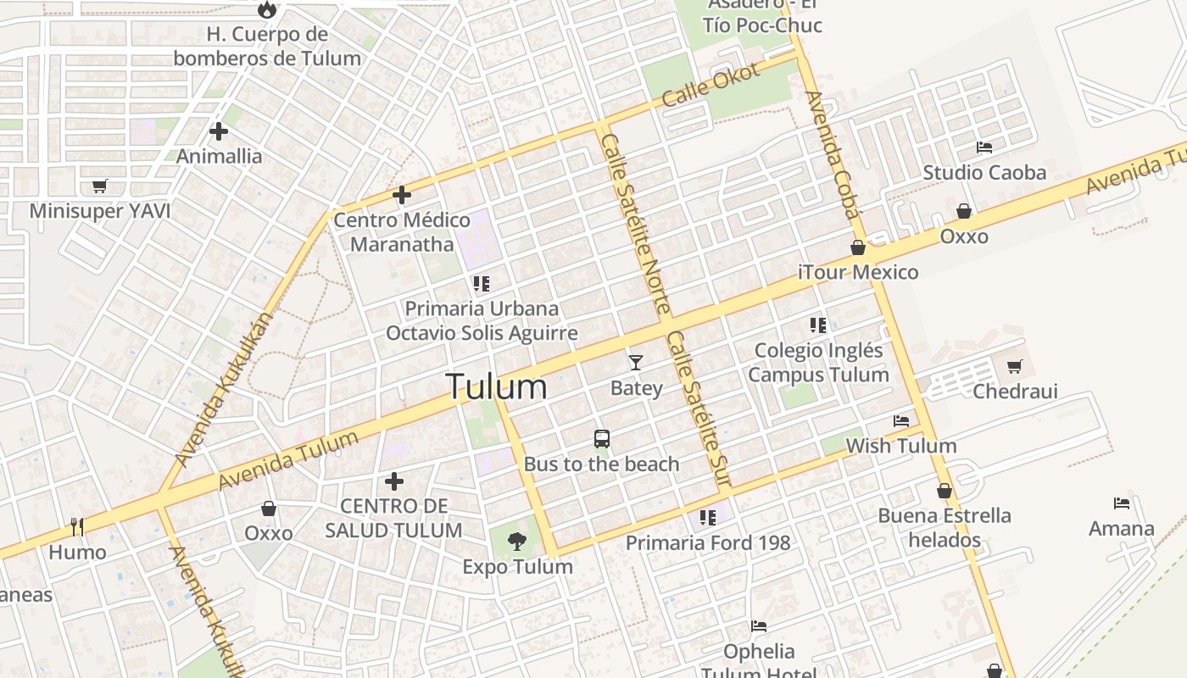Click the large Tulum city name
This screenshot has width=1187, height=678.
[497, 386]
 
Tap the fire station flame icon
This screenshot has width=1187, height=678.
[267, 9]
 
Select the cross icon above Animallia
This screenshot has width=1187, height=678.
[219, 131]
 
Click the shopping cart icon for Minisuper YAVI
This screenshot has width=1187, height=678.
[100, 186]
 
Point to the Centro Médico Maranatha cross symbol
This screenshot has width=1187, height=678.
[402, 195]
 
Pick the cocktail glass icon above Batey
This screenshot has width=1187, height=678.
[636, 363]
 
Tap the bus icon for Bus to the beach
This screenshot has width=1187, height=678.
[602, 439]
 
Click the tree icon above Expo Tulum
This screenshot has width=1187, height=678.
[516, 541]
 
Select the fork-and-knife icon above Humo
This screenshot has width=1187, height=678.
[77, 527]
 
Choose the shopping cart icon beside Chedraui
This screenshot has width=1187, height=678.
[1014, 366]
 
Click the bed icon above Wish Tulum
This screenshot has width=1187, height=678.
[901, 420]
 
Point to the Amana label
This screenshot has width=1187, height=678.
[1122, 529]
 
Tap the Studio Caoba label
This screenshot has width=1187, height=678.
[984, 173]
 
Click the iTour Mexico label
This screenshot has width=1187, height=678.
[858, 272]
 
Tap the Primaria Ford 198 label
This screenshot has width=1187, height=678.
[708, 542]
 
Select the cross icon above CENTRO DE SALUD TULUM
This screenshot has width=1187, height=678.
[394, 481]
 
